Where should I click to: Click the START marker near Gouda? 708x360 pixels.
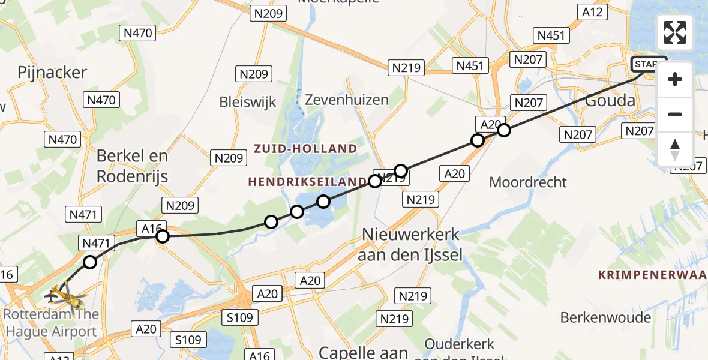click(649, 64)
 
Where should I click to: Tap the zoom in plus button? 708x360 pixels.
click(675, 80)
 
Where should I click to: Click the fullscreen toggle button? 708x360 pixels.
click(675, 32)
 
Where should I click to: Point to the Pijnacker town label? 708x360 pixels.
click(52, 73)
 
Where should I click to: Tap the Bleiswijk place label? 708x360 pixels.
click(248, 102)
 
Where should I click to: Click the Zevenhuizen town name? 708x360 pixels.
click(347, 100)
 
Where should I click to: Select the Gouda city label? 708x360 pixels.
click(610, 100)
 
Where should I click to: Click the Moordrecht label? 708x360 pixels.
click(528, 182)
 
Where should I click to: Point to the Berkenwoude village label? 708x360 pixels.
click(605, 317)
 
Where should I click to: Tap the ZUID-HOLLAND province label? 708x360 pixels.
click(305, 148)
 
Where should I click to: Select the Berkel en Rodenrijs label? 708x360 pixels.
click(133, 166)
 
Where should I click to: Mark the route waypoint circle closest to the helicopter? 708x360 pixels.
click(90, 262)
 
